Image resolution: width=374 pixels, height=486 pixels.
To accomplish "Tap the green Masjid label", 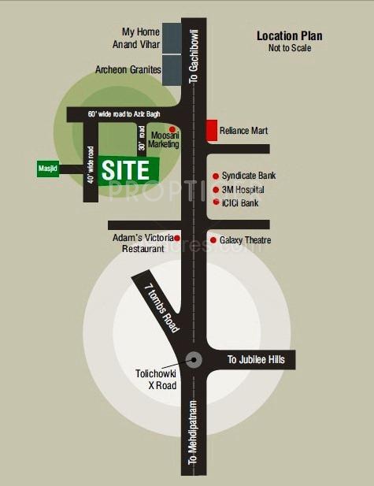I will pos(48,169).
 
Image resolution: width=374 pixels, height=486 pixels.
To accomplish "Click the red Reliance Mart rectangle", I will pos(211,131).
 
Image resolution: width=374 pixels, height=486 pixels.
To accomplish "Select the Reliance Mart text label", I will pos(244,131).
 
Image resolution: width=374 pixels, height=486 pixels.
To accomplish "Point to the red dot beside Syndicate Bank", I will pos(215,176).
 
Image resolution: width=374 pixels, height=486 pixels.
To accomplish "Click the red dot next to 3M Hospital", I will pos(215,190).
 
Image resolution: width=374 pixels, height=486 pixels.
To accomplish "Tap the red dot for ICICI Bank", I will pos(215,202).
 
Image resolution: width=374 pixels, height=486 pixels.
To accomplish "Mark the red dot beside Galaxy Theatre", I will pos(213,239).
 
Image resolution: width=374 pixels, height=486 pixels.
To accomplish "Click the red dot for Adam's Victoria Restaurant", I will pos(177,238).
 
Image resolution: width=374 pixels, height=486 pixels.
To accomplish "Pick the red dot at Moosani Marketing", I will pos(172,129).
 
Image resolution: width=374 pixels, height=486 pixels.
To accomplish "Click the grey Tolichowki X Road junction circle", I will pos(194,360).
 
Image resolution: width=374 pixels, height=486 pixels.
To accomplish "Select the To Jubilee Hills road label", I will pos(261,360).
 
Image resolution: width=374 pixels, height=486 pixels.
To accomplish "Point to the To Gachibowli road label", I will pos(194,60).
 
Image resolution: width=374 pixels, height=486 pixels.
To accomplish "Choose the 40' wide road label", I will pos(91,165).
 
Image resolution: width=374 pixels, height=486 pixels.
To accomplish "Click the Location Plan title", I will pos(289,35).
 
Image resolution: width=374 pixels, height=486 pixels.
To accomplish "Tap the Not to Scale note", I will pos(289,48).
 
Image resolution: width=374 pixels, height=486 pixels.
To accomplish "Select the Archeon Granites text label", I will pos(128,70).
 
